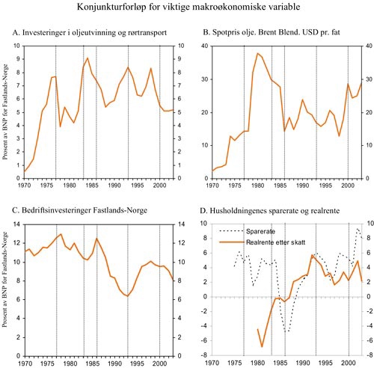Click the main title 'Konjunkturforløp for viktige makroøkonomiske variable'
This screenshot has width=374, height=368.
(187, 9)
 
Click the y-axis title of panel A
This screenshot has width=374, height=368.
(7, 111)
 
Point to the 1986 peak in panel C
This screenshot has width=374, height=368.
(96, 239)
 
